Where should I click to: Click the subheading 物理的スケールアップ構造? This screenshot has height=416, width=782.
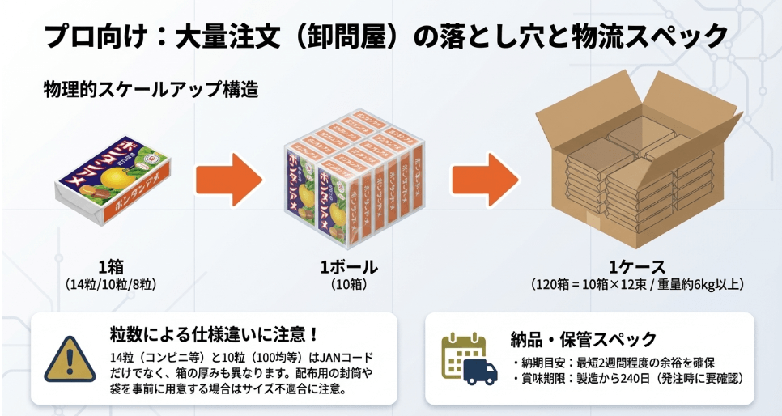pos(151,89)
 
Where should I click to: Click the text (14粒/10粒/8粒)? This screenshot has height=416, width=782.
pos(111,285)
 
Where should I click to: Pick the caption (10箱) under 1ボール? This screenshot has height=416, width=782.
pos(350,285)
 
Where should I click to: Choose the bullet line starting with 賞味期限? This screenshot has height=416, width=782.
pos(627,379)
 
